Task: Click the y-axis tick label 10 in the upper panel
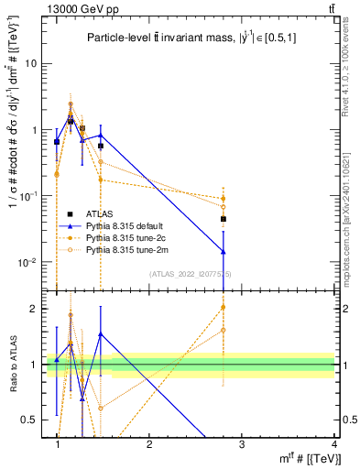(x=30, y=64)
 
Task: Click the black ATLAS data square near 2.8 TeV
(x=224, y=220)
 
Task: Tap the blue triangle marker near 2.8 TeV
(x=224, y=251)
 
